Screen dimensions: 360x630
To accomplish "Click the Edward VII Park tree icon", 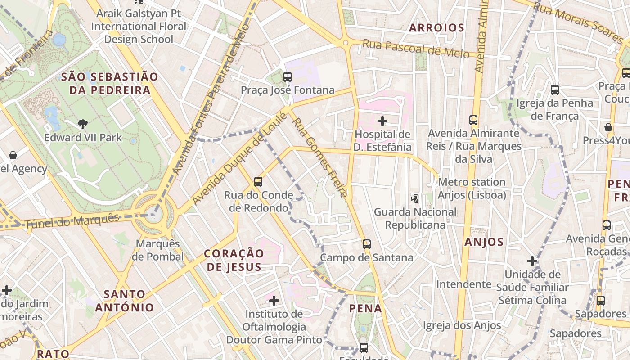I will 82,124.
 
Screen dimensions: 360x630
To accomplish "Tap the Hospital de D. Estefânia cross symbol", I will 382,121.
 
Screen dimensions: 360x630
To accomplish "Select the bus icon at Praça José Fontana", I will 288,77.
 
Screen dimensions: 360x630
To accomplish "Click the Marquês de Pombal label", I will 157,250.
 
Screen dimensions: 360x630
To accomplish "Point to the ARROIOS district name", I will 436,28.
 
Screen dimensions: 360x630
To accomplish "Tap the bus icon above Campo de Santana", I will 367,244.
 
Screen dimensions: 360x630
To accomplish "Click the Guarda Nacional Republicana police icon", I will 415,198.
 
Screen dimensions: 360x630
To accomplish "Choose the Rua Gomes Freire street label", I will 319,157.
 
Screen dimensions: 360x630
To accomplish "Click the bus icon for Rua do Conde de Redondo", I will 258,182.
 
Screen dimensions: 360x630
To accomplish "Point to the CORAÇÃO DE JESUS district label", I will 234,260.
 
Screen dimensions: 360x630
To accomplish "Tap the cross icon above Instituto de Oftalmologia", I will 274,300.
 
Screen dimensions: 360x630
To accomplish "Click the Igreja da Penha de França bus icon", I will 555,90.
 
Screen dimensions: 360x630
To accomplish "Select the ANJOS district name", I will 484,242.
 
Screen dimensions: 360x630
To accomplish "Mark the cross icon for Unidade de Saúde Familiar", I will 532,261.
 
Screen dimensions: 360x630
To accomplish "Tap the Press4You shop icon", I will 608,127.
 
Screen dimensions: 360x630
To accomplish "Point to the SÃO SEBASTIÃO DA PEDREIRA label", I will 109,83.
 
